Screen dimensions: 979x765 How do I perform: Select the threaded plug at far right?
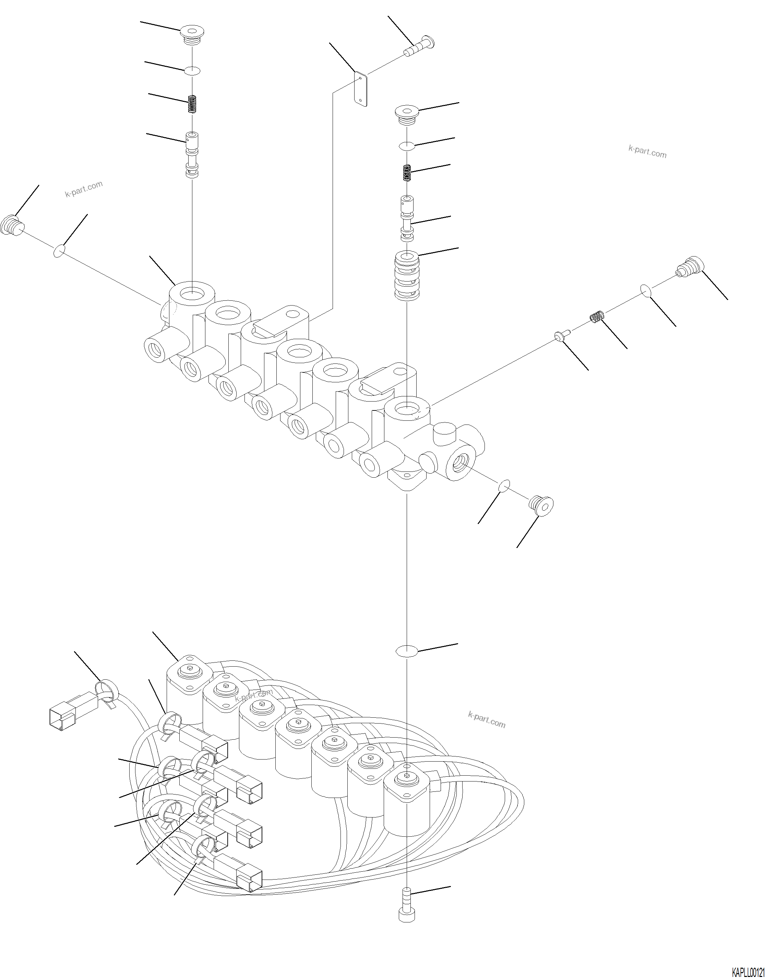[689, 267]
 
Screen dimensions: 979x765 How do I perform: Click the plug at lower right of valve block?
[541, 505]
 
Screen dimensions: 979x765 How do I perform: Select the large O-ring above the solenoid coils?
[406, 651]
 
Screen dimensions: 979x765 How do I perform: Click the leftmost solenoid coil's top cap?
[190, 671]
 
